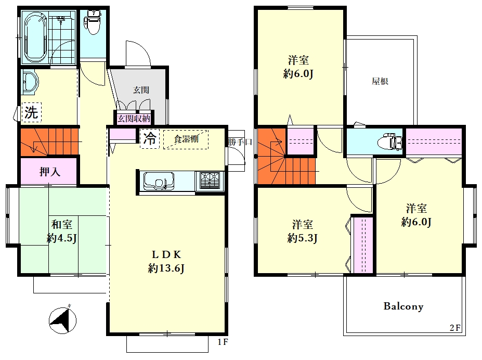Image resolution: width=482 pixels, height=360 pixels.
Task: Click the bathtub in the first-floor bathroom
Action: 36,37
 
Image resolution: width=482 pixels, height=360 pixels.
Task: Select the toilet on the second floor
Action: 390,142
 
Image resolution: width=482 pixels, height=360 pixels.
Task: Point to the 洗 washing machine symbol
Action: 31,112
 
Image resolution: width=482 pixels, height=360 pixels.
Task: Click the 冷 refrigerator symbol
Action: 150,139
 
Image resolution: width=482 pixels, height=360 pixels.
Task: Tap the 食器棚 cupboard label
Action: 186,139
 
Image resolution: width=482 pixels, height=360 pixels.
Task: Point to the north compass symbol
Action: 63,320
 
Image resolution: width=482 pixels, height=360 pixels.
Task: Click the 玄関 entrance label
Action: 141,90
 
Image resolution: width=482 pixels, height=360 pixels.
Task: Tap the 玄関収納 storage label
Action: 134,119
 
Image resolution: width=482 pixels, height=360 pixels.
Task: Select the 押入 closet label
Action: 50,172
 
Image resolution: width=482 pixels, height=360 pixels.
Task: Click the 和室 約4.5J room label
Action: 62,231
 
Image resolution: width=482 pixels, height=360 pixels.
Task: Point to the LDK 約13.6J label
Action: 166,261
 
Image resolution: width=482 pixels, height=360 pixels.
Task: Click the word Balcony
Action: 403,306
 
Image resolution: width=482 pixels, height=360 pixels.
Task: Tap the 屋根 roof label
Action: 380,81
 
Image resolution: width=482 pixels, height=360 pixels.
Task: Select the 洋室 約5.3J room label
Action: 303,231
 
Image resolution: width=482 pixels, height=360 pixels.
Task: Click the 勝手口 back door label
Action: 240,142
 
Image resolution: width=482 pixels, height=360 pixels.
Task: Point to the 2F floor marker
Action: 455,328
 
